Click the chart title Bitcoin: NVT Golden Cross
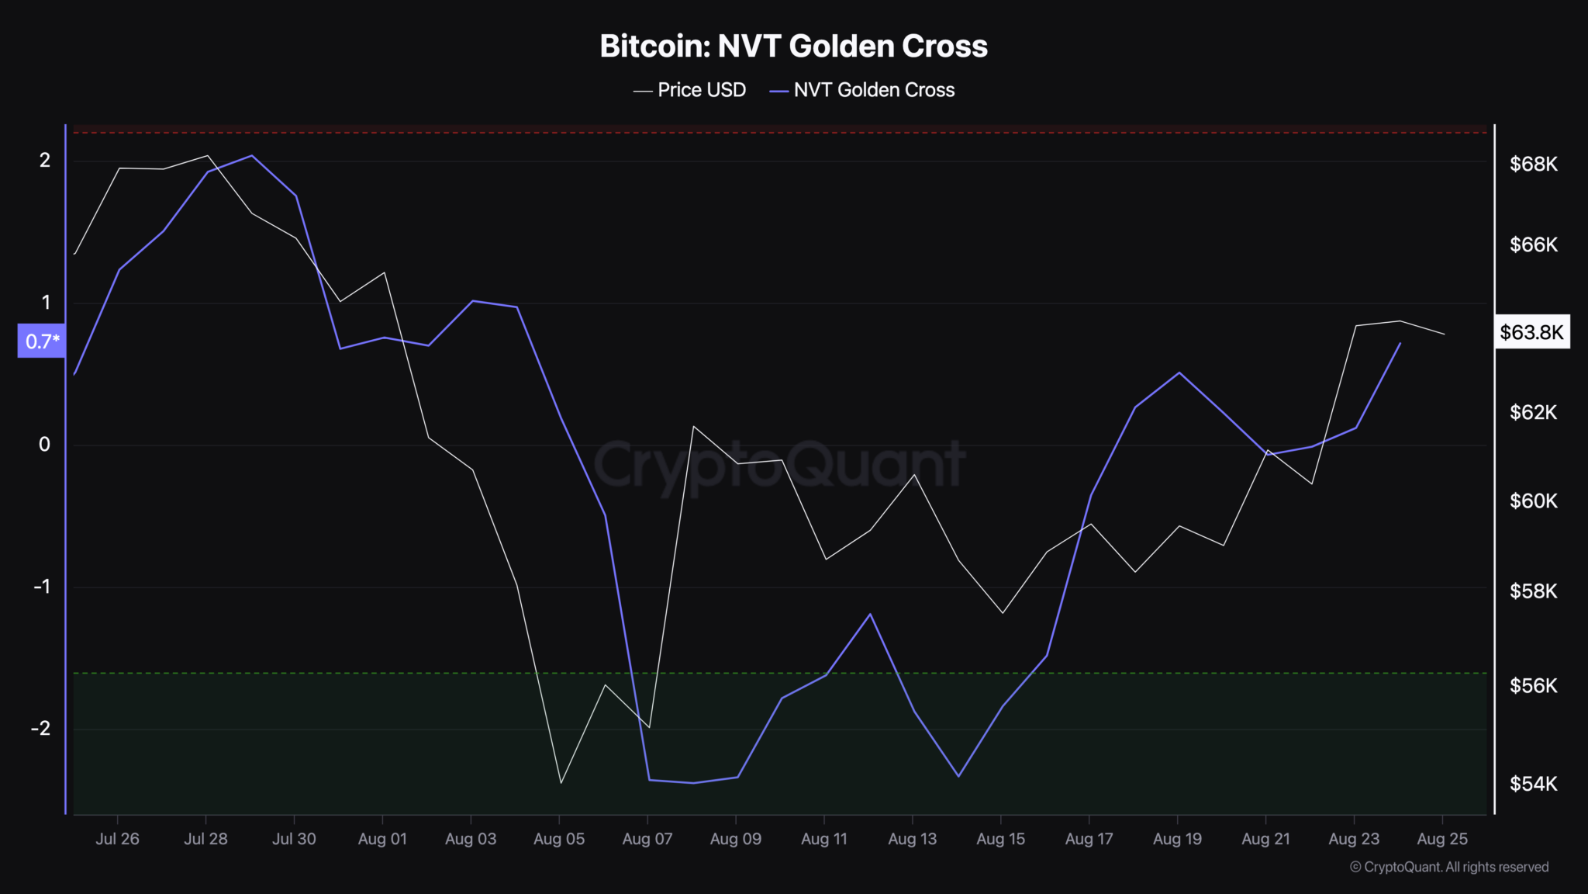pyautogui.click(x=793, y=47)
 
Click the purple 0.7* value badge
pyautogui.click(x=42, y=341)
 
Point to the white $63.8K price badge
pyautogui.click(x=1531, y=332)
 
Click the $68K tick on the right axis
pyautogui.click(x=1533, y=164)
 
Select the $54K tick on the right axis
pyautogui.click(x=1533, y=784)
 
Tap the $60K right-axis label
pyautogui.click(x=1533, y=501)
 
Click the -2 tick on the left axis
pyautogui.click(x=41, y=728)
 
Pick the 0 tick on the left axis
pyautogui.click(x=45, y=444)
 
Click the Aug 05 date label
pyautogui.click(x=558, y=839)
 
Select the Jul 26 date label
pyautogui.click(x=117, y=839)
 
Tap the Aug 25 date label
pyautogui.click(x=1442, y=839)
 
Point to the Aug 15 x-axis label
pyautogui.click(x=1000, y=839)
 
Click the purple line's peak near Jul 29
pyautogui.click(x=251, y=155)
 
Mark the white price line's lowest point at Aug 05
pyautogui.click(x=560, y=783)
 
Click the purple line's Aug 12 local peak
pyautogui.click(x=870, y=614)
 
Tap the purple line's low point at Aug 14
pyautogui.click(x=958, y=776)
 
